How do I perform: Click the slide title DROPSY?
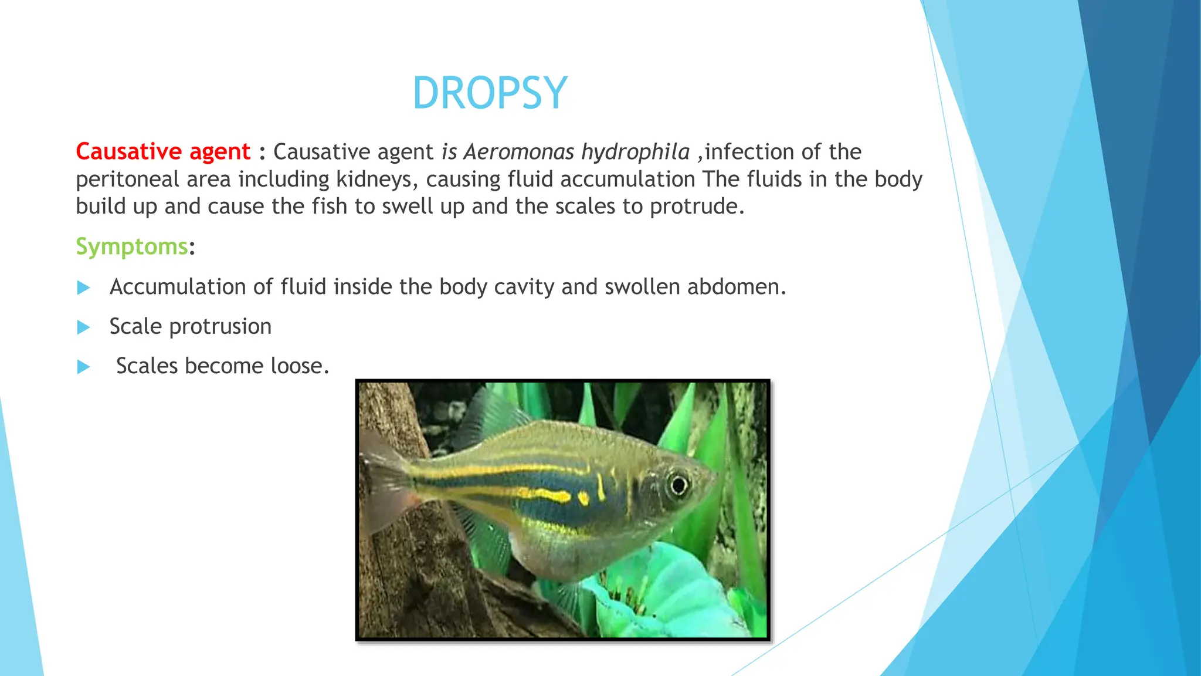pos(490,93)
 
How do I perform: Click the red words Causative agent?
pos(163,152)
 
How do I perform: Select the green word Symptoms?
pos(131,246)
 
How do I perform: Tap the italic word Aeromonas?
pos(518,152)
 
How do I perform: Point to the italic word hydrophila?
pos(635,153)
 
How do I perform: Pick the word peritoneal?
pos(127,180)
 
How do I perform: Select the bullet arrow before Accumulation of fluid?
pos(84,288)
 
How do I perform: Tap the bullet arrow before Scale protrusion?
pos(84,327)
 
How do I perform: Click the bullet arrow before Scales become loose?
pos(84,367)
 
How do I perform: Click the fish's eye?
pos(678,485)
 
